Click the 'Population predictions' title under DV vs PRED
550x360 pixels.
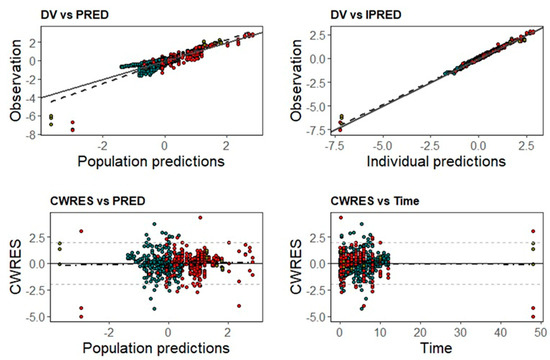[x=150, y=159]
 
